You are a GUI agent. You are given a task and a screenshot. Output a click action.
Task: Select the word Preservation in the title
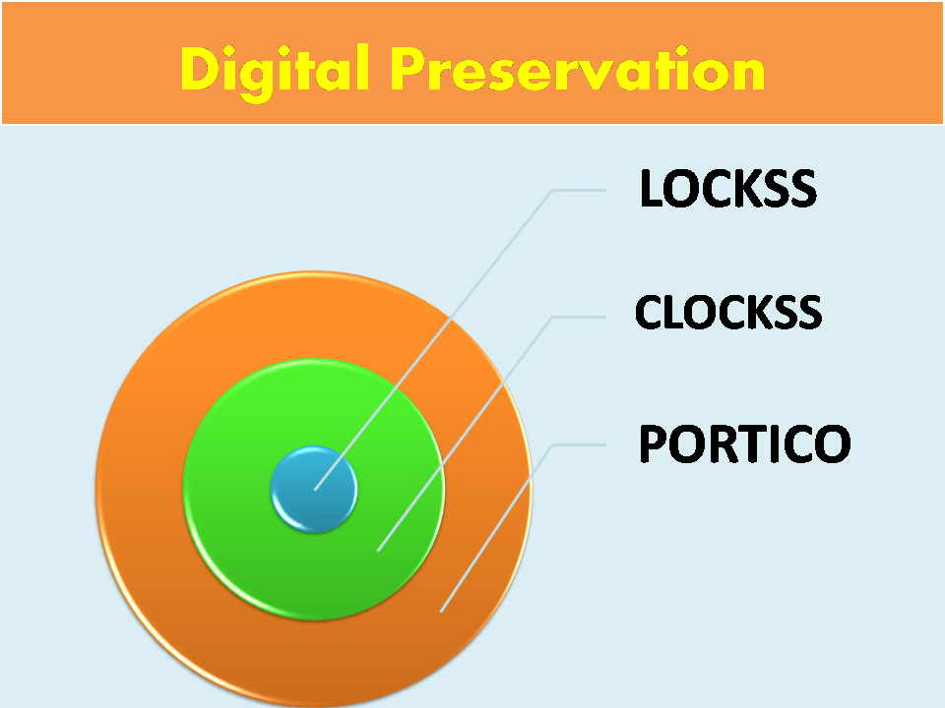point(576,70)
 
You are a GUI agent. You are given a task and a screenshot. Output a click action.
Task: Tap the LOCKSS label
point(727,189)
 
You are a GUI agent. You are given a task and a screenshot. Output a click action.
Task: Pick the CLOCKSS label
point(728,313)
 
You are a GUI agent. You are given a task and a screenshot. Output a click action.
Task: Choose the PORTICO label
point(744,444)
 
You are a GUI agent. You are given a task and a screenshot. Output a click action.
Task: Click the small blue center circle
point(313,489)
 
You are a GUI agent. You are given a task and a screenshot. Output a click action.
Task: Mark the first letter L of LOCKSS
point(651,189)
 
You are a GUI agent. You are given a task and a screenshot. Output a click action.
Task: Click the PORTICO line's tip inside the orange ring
point(442,611)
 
